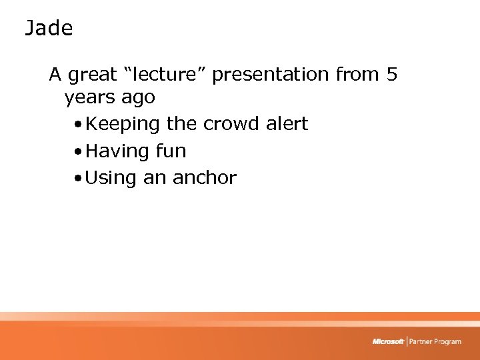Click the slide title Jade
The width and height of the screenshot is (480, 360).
(x=49, y=29)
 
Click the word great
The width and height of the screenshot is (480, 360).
(x=95, y=75)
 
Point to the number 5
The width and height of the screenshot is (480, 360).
(x=392, y=74)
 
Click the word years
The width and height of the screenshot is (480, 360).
(x=90, y=98)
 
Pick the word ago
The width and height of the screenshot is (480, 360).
(x=138, y=98)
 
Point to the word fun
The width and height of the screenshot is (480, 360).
(x=171, y=151)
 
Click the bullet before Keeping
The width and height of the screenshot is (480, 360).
(x=79, y=125)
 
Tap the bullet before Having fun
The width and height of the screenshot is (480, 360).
(x=79, y=152)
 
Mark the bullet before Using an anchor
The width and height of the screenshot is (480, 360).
(x=79, y=179)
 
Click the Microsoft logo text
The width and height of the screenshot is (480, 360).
(x=388, y=341)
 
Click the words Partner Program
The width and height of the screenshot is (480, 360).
(x=435, y=341)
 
